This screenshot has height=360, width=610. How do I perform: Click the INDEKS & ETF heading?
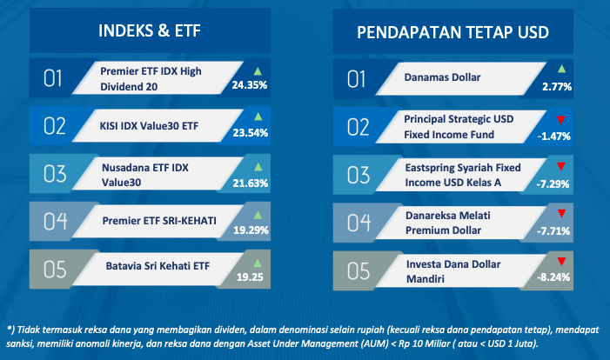point(150,30)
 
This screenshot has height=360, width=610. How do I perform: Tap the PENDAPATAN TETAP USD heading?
point(452,32)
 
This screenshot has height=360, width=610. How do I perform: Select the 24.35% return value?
point(250,84)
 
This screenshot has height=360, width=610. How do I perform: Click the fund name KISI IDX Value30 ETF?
point(149,126)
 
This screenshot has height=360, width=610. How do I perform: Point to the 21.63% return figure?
point(250,183)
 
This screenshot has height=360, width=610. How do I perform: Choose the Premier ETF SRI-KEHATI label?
point(159,221)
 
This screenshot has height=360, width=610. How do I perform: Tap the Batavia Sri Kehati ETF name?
point(158,266)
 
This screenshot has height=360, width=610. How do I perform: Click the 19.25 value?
point(250,277)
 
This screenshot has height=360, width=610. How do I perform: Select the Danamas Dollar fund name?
point(442,77)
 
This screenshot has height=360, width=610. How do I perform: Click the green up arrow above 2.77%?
point(561,70)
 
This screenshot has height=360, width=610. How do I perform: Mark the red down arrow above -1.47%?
point(560,120)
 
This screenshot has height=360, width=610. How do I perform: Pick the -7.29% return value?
point(553,183)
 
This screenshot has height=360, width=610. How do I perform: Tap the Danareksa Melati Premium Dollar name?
point(448,223)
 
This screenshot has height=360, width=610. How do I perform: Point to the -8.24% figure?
point(553,277)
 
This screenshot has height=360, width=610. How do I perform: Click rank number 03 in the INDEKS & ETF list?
point(55,174)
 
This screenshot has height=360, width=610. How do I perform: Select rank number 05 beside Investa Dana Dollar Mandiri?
point(359,271)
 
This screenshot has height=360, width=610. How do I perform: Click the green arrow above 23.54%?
point(258,117)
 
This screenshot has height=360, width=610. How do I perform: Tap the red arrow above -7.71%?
point(561,213)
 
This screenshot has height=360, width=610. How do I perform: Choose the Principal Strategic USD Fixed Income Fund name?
point(459,127)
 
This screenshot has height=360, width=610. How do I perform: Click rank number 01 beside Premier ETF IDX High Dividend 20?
point(53,78)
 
